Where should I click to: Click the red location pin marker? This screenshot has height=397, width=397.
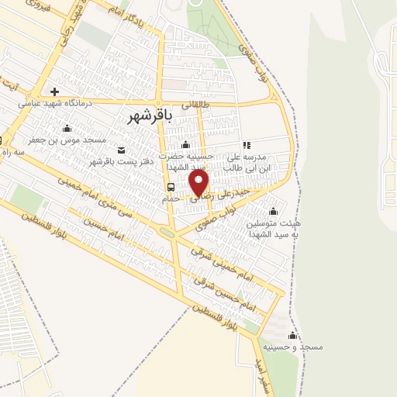point(199,183)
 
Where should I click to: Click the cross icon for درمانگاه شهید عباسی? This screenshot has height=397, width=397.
point(54,91)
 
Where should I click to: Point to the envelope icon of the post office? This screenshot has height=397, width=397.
point(121,150)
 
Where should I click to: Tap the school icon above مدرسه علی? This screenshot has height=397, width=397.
point(247,145)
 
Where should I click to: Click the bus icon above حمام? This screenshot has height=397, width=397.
point(170,188)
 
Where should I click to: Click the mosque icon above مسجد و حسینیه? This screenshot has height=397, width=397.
point(292,335)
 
